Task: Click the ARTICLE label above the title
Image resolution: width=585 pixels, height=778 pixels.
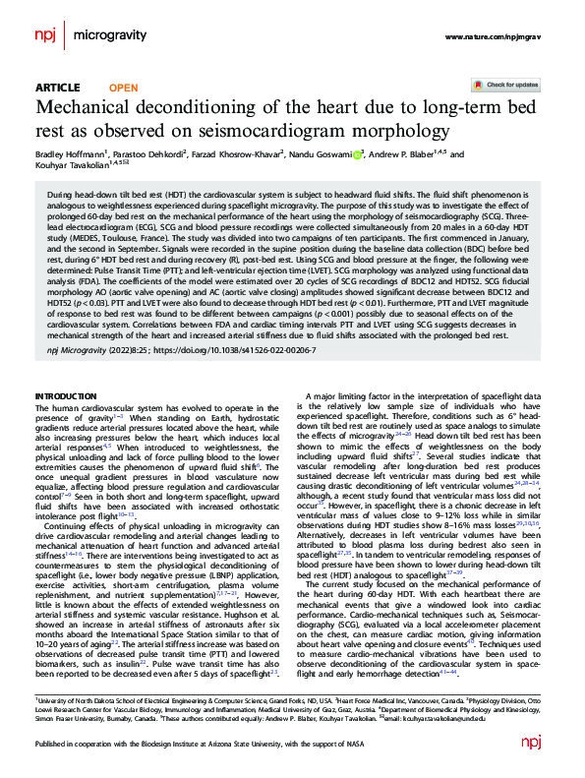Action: [57, 88]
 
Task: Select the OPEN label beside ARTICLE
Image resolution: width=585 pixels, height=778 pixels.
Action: [123, 88]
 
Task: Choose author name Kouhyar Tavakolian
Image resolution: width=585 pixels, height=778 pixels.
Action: [70, 167]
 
